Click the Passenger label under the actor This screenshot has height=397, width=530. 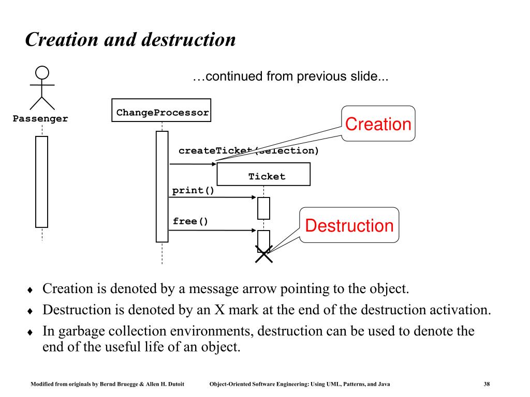tap(40, 119)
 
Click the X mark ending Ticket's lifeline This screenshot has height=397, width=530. tap(263, 254)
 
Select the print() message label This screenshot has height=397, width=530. tap(193, 191)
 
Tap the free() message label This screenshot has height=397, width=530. tap(190, 221)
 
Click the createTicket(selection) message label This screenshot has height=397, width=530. tap(249, 150)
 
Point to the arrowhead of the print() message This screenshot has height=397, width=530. tap(254, 197)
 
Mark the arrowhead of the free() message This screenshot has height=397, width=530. tap(254, 230)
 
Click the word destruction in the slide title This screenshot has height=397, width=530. tap(188, 40)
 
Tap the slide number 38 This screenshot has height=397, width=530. tap(487, 384)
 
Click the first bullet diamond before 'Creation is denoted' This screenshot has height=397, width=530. tap(30, 289)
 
